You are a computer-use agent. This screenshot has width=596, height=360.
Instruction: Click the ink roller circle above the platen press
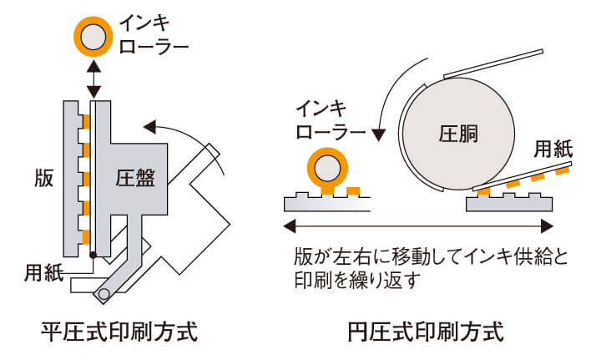click(93, 35)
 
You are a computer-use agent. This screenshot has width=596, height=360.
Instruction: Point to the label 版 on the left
click(43, 179)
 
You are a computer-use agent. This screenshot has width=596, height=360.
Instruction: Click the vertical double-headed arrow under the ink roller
click(93, 79)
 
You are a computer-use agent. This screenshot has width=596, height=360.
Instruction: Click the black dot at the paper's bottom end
click(93, 255)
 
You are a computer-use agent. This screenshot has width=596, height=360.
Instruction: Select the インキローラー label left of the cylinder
click(331, 122)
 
